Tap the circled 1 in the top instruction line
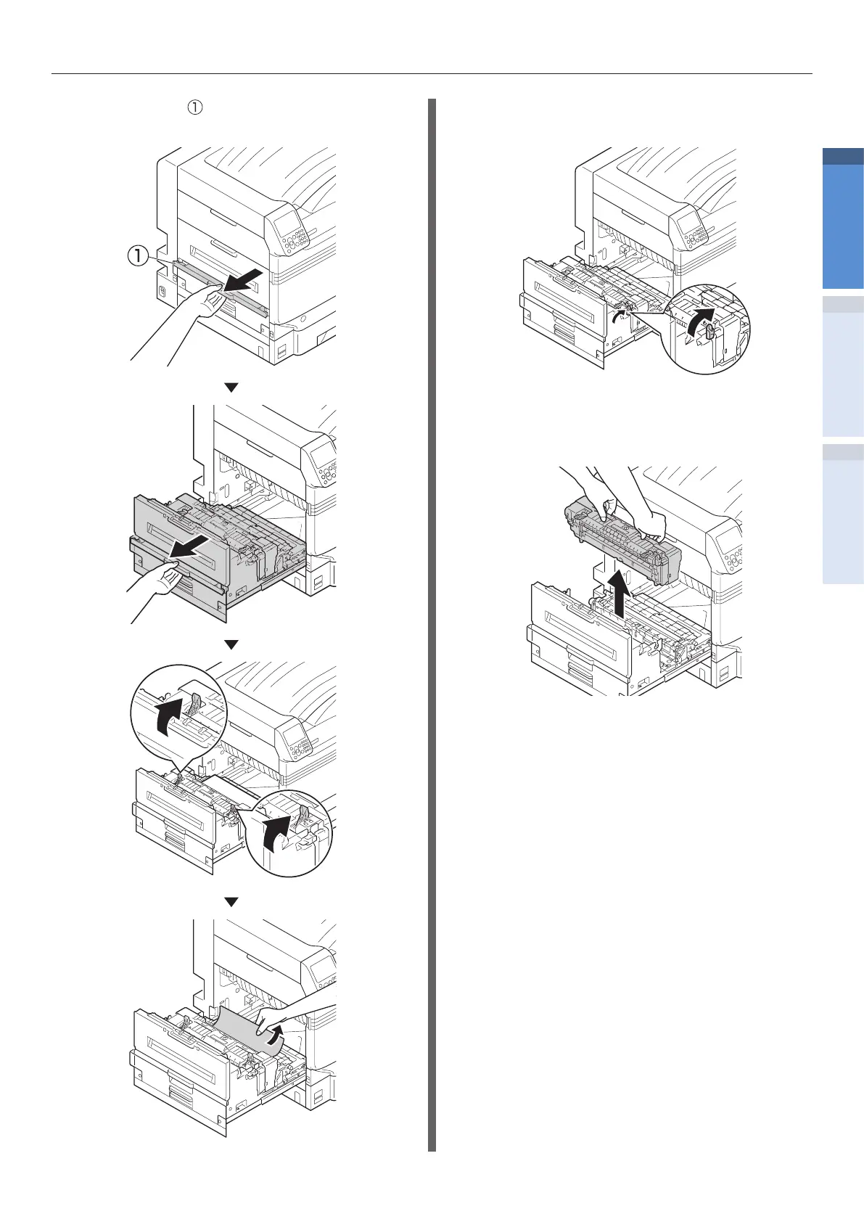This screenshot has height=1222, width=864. tap(194, 107)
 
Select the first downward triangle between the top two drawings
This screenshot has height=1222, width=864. tap(231, 387)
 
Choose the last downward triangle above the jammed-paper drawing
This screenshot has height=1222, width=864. tap(231, 902)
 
